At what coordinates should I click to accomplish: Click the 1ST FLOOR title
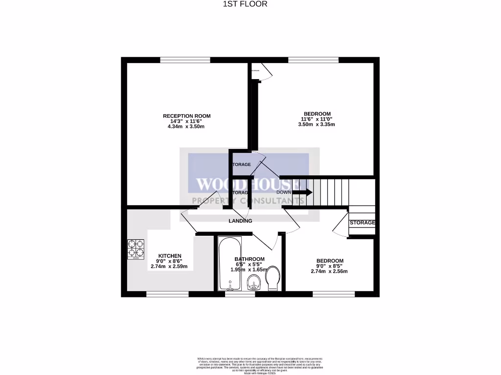[250, 4]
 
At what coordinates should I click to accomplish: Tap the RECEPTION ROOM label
[186, 116]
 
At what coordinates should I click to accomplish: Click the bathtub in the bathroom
[229, 263]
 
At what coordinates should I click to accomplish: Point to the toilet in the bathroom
[273, 278]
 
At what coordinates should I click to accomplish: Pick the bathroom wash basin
[253, 282]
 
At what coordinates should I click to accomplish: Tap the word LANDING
[240, 221]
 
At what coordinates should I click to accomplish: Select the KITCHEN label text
[170, 256]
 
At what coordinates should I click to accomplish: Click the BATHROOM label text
[250, 259]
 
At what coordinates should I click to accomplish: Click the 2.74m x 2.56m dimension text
[329, 271]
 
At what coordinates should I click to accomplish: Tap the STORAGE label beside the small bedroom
[362, 223]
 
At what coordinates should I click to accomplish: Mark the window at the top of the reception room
[185, 60]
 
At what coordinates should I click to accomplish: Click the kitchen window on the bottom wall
[167, 294]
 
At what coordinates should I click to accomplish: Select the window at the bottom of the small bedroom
[334, 294]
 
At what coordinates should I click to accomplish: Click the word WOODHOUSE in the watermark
[248, 185]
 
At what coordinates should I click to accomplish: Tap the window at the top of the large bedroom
[313, 60]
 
